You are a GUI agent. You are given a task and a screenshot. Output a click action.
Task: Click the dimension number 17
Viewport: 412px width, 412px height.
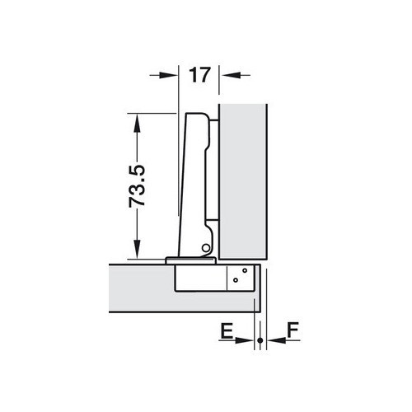[198, 75]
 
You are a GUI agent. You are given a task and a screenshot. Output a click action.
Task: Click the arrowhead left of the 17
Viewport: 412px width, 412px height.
[171, 75]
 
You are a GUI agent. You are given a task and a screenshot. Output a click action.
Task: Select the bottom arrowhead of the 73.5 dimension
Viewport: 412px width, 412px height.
[138, 253]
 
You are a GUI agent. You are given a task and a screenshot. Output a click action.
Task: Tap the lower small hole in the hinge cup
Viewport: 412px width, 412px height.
[236, 281]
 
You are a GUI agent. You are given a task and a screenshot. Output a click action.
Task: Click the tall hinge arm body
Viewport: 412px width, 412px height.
[196, 181]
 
